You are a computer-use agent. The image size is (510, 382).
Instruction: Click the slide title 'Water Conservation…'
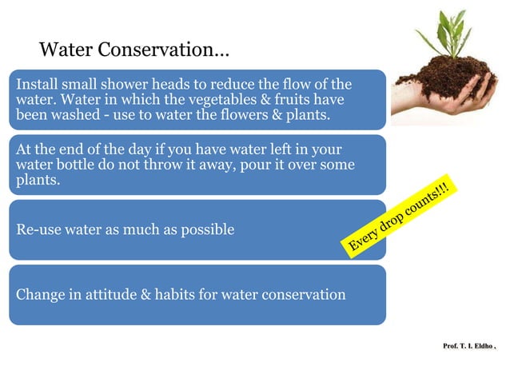pos(134,50)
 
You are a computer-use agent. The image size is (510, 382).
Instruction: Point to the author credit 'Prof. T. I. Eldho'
pos(468,346)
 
